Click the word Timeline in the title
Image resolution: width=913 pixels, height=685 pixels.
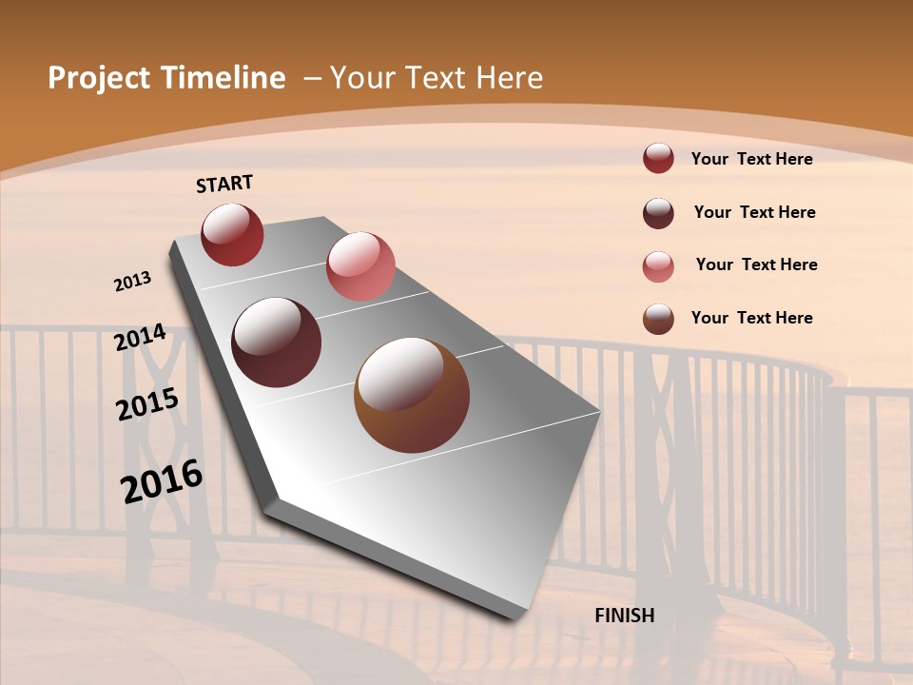coord(225,78)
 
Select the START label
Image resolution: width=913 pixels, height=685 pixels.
coord(224,184)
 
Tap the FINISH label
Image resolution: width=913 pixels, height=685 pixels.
coord(624,616)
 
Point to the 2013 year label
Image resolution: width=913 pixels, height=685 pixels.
coord(133,282)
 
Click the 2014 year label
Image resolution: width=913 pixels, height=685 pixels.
coord(141,338)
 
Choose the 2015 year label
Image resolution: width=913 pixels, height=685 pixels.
coord(147,404)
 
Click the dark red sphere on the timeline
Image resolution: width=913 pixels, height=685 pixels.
coord(232,234)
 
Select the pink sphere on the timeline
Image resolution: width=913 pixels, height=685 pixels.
coord(360,266)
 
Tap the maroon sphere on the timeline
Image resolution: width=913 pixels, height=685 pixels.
coord(277,342)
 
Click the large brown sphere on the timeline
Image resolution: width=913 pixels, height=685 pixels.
coord(412,395)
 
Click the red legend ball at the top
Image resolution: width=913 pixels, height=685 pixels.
coord(658,159)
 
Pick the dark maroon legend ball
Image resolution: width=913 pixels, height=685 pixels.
coord(658,213)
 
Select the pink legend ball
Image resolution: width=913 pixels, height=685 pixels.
coord(658,265)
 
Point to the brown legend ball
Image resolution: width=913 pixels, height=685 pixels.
coord(658,319)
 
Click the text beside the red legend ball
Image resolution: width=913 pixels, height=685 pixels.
coord(751,159)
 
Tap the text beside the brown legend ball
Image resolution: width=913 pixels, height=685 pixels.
coord(751,318)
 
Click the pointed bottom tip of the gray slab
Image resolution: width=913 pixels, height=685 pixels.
coord(518,616)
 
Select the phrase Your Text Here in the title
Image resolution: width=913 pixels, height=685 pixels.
coord(436,78)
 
